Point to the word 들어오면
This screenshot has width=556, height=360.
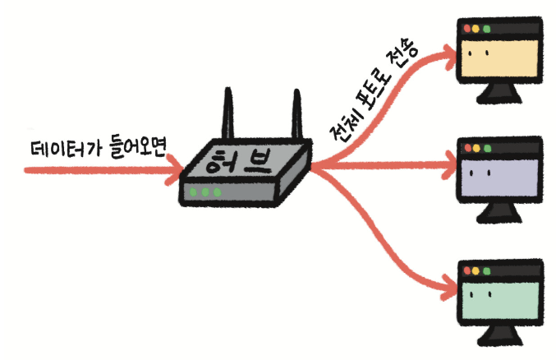pos(134,148)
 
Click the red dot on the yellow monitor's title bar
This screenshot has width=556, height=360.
pos(467,29)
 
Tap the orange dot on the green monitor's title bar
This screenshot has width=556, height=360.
pos(477,270)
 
